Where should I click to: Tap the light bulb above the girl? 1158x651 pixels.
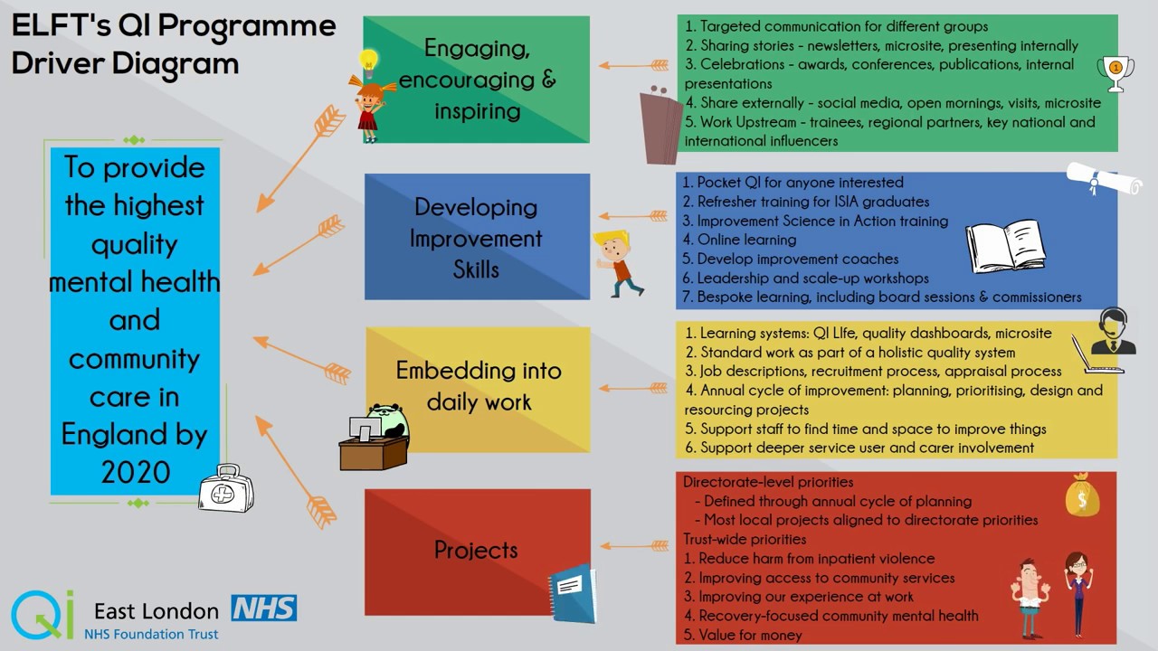coord(367,61)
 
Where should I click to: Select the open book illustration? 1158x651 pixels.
coord(1005,245)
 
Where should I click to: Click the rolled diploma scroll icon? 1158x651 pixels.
coord(1105,179)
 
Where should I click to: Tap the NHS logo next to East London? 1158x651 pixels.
coord(263,608)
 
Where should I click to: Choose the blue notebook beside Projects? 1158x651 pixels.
coord(573,593)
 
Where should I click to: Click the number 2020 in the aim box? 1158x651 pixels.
coord(136,471)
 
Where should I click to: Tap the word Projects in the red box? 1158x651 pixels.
coord(476,550)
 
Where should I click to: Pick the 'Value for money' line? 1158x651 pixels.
coord(750,635)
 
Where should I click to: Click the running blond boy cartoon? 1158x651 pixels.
coord(618,263)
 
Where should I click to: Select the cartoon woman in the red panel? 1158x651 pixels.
coord(1076,592)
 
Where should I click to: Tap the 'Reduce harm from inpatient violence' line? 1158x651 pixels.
coord(816,559)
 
